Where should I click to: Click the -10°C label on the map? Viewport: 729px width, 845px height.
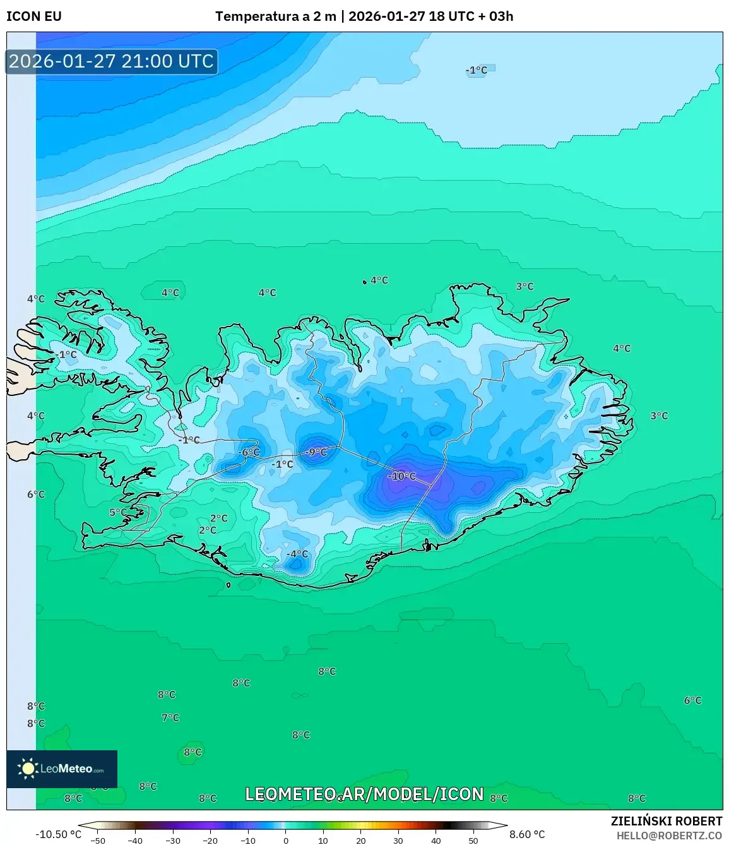pos(402,476)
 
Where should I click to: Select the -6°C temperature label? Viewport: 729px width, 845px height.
pos(249,452)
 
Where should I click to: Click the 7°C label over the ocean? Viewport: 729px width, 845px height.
pos(170,717)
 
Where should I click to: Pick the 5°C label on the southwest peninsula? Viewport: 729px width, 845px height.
pos(118,512)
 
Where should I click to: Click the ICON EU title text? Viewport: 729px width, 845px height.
pos(34,16)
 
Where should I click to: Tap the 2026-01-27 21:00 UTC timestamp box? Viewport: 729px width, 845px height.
pos(112,61)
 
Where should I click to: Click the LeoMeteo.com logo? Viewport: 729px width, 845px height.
pos(62,769)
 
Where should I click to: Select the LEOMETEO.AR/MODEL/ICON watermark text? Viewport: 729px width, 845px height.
pos(364,794)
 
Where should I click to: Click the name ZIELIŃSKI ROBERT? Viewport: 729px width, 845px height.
pos(667,821)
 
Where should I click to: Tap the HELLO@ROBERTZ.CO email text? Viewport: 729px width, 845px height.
pos(669,836)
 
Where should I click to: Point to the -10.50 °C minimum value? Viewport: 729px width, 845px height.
pos(58,834)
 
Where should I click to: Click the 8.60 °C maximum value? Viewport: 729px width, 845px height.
pos(527,834)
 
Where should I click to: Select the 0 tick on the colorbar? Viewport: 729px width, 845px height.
pos(286,841)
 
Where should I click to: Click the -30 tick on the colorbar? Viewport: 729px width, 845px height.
pos(172,841)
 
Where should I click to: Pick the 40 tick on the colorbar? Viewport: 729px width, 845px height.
pos(436,841)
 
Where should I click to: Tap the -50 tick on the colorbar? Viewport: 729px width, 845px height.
pos(97,841)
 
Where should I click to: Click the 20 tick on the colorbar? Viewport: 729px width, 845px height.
pos(361,841)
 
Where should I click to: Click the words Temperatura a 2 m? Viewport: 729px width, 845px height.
pos(276,16)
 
